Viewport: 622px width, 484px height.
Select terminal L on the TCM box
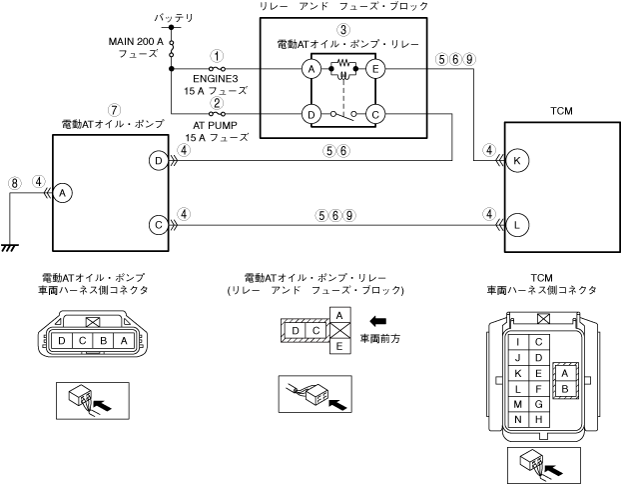517,226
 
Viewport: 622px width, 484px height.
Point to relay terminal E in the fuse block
375,69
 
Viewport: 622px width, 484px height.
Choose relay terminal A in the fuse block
311,69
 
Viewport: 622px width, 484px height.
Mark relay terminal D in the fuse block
311,115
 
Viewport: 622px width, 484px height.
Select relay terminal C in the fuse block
375,115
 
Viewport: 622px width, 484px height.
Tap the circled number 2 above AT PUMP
216,103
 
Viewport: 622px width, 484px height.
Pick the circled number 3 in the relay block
342,30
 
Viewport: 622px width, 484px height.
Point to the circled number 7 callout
115,108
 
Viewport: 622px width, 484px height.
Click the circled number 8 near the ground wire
14,183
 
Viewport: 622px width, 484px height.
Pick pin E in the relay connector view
338,346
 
